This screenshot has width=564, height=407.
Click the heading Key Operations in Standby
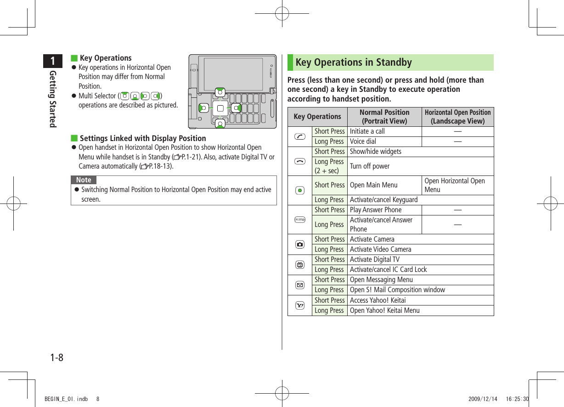click(354, 62)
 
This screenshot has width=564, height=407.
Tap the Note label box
click(84, 180)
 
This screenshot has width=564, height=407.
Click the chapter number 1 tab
click(54, 61)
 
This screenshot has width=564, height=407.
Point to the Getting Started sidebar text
click(53, 99)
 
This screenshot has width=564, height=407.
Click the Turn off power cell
click(369, 166)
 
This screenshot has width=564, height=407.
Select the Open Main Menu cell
click(373, 185)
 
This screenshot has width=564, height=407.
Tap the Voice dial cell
click(362, 141)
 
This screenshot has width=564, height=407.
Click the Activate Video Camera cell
click(380, 249)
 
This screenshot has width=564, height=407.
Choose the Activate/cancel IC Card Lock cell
click(388, 270)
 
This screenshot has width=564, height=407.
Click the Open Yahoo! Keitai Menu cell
click(384, 311)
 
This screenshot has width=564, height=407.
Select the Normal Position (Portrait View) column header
click(384, 117)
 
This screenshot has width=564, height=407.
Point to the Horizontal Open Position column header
click(457, 117)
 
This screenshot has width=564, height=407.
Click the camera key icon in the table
click(300, 244)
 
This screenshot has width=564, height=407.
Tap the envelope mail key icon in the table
click(300, 285)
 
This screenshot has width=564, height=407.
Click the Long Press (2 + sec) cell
click(329, 166)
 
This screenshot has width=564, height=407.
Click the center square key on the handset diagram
click(220, 108)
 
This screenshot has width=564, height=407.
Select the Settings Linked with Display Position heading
click(142, 138)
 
